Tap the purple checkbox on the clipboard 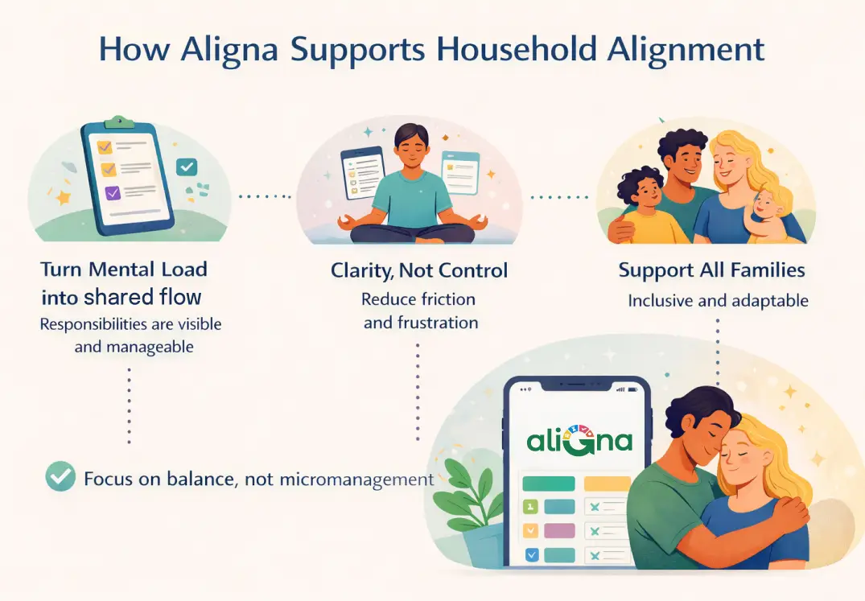113,192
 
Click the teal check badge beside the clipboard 187,167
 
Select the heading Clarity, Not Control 419,271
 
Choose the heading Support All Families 711,270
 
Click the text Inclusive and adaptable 718,301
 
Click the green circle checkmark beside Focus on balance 60,478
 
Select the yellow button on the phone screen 607,484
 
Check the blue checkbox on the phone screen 531,554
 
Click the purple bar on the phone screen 559,531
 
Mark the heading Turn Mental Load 124,270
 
